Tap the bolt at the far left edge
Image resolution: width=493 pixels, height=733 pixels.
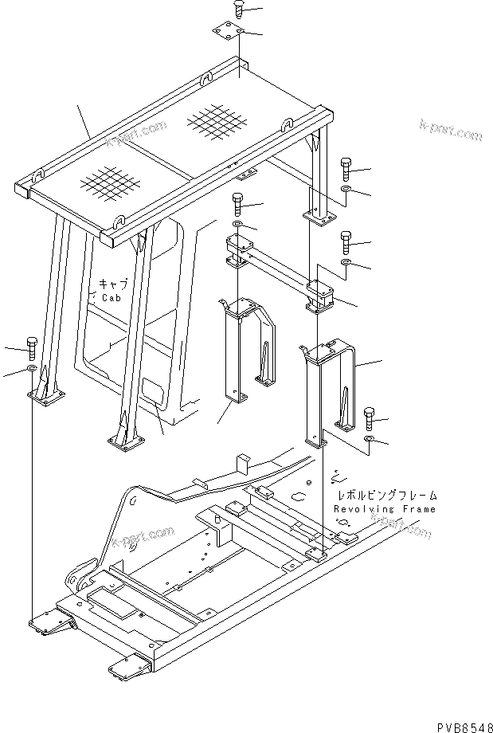pyautogui.click(x=31, y=347)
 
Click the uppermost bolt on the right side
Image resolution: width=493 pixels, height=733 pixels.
pyautogui.click(x=345, y=167)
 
